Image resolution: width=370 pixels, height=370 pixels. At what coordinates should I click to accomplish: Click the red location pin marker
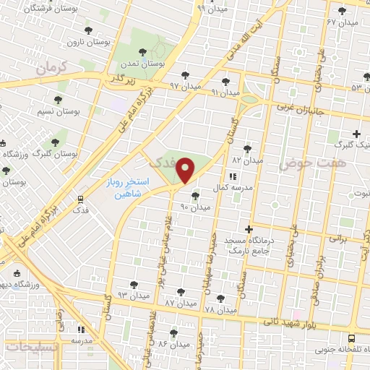(x=186, y=171)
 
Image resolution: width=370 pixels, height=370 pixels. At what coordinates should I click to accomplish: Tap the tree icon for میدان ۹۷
(x=186, y=75)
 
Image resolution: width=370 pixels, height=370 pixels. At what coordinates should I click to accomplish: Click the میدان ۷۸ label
(x=220, y=309)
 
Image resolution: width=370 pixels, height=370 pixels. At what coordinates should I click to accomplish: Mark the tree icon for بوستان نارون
(x=88, y=30)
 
